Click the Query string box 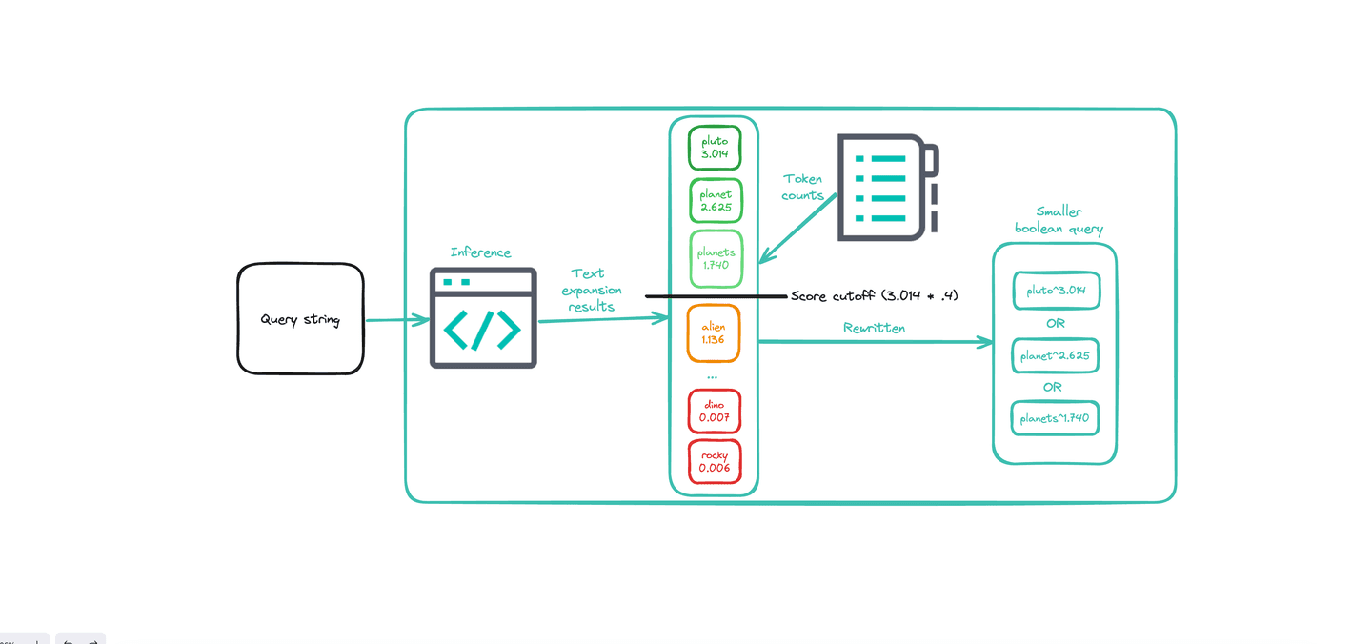[300, 319]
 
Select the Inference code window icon [483, 318]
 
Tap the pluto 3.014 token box [715, 148]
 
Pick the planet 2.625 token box [715, 201]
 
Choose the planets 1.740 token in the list [715, 258]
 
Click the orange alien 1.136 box [714, 333]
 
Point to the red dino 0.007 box [714, 411]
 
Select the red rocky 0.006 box [714, 461]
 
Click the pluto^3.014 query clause [1056, 291]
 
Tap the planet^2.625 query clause [1056, 356]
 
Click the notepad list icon [887, 187]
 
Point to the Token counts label [803, 187]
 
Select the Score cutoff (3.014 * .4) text [874, 296]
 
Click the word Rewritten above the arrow [874, 328]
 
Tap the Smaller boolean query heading [1059, 220]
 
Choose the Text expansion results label [591, 290]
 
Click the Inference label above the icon [480, 252]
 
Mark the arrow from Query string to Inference [396, 320]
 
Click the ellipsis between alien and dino [712, 378]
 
